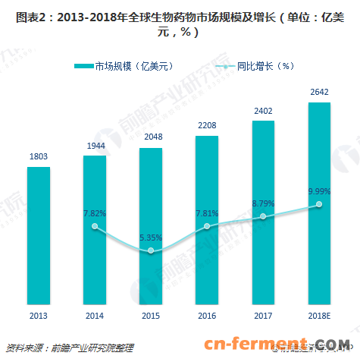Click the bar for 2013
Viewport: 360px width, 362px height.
coord(39,235)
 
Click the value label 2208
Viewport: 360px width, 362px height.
coord(207,125)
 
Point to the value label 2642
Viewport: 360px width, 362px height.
coord(319,92)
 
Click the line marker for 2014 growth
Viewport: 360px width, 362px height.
coord(95,226)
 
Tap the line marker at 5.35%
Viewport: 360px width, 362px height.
coord(151,250)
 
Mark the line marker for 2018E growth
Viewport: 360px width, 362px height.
coord(319,204)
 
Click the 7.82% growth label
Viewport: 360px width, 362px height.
coord(95,212)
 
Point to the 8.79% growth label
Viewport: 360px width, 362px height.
coord(263,203)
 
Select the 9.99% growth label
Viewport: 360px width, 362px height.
coord(319,190)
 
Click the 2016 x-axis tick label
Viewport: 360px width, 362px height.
coord(207,316)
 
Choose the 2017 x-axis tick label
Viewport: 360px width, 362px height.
coord(263,316)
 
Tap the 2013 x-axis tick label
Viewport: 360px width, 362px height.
coord(39,316)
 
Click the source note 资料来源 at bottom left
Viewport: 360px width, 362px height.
coord(69,348)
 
